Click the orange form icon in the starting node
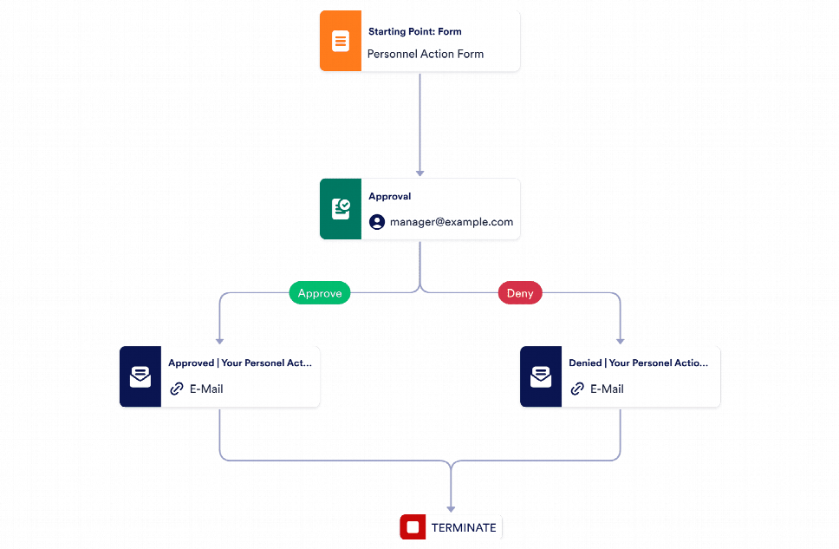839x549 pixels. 341,41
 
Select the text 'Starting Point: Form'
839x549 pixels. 414,31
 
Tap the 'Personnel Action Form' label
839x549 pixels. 425,54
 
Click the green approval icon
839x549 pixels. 341,209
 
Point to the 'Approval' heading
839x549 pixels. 389,197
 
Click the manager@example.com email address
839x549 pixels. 451,222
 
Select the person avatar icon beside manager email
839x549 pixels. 377,222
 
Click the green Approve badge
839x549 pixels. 320,293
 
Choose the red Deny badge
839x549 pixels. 520,293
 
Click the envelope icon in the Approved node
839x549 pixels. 140,376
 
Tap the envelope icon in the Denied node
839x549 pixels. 540,376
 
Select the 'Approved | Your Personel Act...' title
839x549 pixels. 239,363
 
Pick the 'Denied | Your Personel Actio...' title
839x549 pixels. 638,363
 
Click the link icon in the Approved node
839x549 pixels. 177,389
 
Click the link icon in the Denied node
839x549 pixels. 577,389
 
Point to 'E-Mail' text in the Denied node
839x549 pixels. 607,389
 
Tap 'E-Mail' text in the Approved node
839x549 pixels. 206,389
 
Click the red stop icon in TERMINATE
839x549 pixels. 413,527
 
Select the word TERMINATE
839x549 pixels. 464,527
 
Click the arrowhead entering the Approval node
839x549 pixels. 420,173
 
